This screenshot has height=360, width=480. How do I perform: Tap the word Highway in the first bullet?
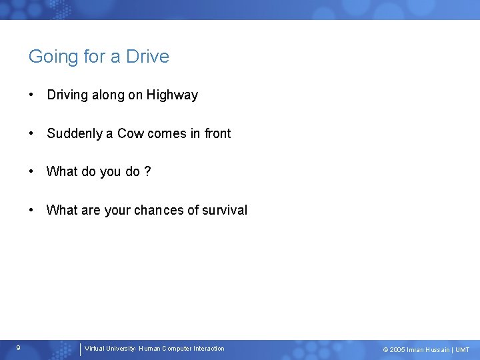tap(173, 95)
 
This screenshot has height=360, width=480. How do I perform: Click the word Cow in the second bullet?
tap(130, 133)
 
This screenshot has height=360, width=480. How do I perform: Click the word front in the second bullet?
tap(217, 133)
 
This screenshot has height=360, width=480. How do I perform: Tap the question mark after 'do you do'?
tap(147, 172)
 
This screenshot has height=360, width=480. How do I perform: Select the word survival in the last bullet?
tap(225, 210)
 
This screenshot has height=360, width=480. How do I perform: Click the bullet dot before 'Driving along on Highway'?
tap(31, 95)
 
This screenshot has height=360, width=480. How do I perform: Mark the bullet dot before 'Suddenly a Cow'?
tap(31, 133)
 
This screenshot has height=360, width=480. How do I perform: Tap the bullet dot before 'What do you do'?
tap(31, 172)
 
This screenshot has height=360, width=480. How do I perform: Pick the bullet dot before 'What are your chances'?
tap(31, 210)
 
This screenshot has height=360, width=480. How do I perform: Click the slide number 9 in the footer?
tap(18, 348)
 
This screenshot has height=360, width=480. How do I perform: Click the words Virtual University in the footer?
tap(109, 349)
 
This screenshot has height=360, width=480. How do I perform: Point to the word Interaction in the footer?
tap(207, 349)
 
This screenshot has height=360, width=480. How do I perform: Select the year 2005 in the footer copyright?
tap(397, 350)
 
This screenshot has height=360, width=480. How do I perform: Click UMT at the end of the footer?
tap(463, 350)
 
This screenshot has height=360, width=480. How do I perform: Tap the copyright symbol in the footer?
tap(385, 350)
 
